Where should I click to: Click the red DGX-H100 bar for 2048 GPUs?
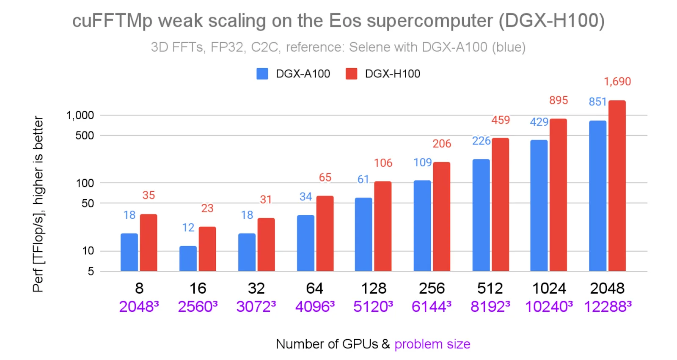pos(617,186)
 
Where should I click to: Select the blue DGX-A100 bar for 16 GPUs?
pos(188,258)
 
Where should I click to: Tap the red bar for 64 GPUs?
pos(325,234)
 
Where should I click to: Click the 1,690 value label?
pos(617,82)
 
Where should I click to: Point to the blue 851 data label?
pos(597,102)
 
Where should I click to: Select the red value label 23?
pos(207,208)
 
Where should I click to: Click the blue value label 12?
pos(188,228)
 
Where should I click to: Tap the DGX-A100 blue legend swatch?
pos(262,74)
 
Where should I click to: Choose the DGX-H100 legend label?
pos(392,74)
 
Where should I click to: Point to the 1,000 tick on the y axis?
pos(80,115)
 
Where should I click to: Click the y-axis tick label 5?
pos(91,272)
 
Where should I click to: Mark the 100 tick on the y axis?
pos(85,183)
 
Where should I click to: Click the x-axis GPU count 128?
pos(374,289)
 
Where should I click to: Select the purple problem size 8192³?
pos(490,306)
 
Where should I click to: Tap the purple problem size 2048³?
pos(139,306)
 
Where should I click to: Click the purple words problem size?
pos(432,344)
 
